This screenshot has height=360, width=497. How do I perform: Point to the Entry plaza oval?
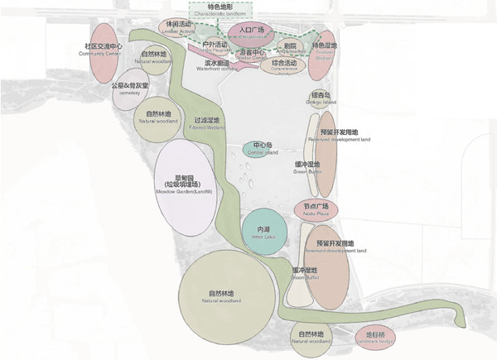[x=250, y=32]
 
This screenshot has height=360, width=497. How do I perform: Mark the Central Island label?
[x=263, y=150]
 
